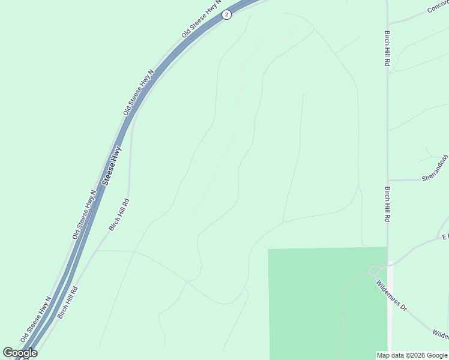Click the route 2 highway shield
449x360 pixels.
[x=226, y=14]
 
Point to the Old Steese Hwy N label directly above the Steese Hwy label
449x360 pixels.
[x=139, y=92]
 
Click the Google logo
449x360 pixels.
[x=20, y=353]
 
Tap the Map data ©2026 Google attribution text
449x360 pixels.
[x=412, y=355]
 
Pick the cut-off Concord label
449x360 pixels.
[x=439, y=7]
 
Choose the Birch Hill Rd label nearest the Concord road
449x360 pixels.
[x=388, y=49]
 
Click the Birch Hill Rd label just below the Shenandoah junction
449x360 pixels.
[x=388, y=204]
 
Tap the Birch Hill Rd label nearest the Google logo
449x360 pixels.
[x=67, y=302]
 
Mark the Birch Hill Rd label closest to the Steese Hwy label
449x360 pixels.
[x=119, y=214]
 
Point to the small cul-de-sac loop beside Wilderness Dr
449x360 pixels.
[x=376, y=271]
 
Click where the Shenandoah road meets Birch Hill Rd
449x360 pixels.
[x=388, y=179]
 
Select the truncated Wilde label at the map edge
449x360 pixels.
[x=440, y=333]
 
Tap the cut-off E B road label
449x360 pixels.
[x=445, y=237]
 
